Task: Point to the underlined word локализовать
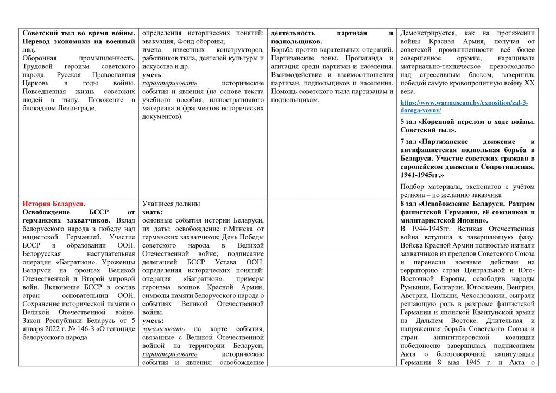pyautogui.click(x=162, y=329)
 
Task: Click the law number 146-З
pyautogui.click(x=81, y=329)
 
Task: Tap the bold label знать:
pyautogui.click(x=153, y=212)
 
